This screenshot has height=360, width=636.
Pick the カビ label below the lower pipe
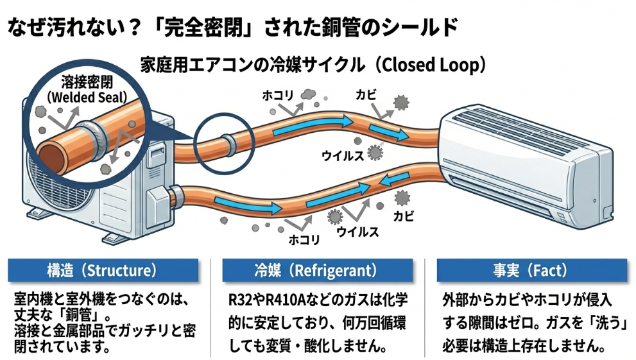point(403,216)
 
